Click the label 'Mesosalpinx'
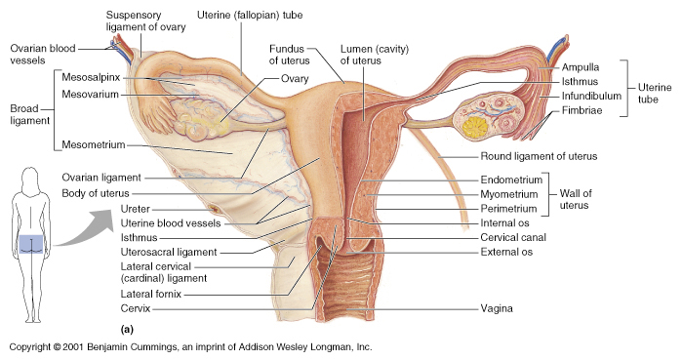pyautogui.click(x=91, y=78)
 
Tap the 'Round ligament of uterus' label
pyautogui.click(x=539, y=156)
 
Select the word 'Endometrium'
pyautogui.click(x=511, y=180)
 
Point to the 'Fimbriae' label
pyautogui.click(x=582, y=110)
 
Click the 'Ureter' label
pyautogui.click(x=136, y=209)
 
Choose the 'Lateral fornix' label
pyautogui.click(x=151, y=295)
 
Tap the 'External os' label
pyautogui.click(x=506, y=252)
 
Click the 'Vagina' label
pyautogui.click(x=497, y=308)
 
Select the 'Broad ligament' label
pyautogui.click(x=30, y=114)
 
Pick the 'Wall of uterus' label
pyautogui.click(x=576, y=199)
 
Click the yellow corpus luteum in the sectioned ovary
pyautogui.click(x=475, y=127)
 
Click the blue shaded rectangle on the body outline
pyautogui.click(x=32, y=244)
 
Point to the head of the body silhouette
pyautogui.click(x=30, y=179)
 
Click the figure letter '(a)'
pyautogui.click(x=127, y=329)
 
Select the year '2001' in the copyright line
pyautogui.click(x=72, y=347)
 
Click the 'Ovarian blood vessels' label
pyautogui.click(x=43, y=55)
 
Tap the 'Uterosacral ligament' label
pyautogui.click(x=169, y=252)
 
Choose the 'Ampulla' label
pyautogui.click(x=581, y=67)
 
